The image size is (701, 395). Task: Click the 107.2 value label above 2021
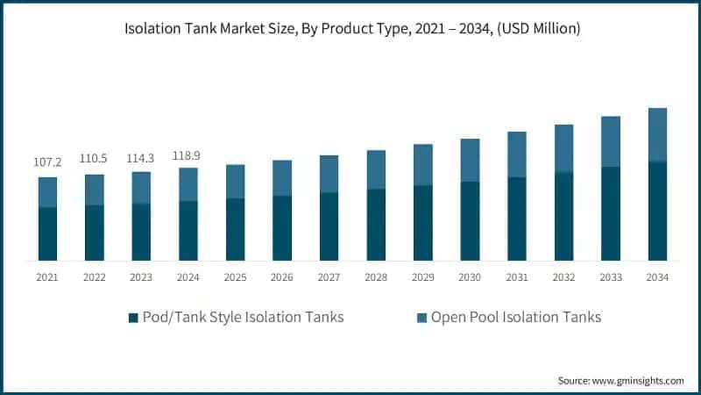click(47, 163)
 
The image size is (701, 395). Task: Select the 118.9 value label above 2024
click(188, 154)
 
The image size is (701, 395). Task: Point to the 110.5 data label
click(94, 161)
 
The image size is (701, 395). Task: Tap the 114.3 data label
click(141, 158)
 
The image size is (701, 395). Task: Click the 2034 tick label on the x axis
click(657, 276)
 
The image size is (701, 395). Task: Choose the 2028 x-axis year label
click(376, 276)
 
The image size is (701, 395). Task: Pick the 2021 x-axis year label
click(47, 276)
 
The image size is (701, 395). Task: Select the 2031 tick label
click(517, 276)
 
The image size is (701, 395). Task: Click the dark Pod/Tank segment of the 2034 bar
click(657, 211)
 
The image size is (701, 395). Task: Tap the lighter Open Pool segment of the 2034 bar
click(657, 134)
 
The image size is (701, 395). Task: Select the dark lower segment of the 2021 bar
click(47, 233)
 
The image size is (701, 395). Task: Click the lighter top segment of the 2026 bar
click(282, 177)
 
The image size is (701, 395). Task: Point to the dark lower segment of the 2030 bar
click(470, 220)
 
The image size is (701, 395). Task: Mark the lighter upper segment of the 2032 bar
click(563, 147)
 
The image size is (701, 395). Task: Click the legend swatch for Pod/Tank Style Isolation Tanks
click(133, 318)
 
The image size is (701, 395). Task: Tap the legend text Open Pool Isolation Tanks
click(516, 317)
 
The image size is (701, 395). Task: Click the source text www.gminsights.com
click(637, 380)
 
